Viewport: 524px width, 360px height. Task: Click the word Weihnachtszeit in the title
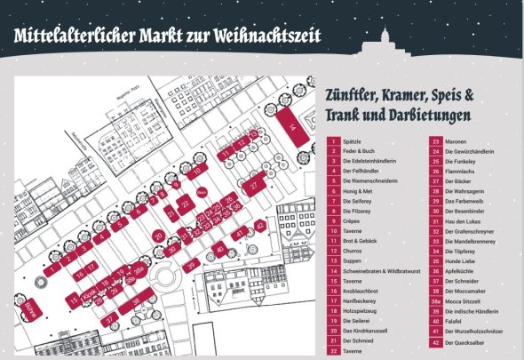pos(268,36)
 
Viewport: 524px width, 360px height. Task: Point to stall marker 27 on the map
pos(255,185)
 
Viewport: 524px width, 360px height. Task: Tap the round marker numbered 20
pos(157,236)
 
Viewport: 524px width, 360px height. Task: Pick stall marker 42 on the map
pos(259,226)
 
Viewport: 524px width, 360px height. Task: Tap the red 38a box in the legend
pos(435,301)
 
